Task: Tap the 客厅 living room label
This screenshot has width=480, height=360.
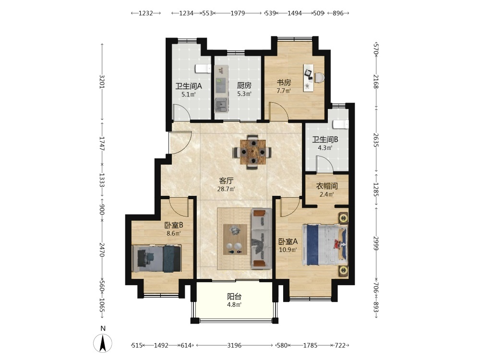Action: (226, 180)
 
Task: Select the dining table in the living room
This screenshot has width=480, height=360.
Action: (252, 152)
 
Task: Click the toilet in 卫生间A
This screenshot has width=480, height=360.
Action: (203, 69)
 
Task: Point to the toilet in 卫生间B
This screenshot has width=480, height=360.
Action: (340, 124)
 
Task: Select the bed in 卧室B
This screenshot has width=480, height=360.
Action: (156, 258)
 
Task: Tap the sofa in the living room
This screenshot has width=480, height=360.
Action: (262, 239)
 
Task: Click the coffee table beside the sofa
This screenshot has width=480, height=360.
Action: (235, 240)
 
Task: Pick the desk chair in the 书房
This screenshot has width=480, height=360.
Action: (319, 77)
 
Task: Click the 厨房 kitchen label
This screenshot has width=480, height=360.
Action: (244, 85)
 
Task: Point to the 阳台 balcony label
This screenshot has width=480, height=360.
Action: (234, 296)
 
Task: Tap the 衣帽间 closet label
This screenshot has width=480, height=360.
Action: (327, 186)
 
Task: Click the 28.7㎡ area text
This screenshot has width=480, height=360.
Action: (226, 189)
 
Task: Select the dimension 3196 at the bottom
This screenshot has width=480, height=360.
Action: (234, 345)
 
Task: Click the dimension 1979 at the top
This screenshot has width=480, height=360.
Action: (238, 13)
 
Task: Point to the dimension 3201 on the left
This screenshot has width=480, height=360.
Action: (102, 82)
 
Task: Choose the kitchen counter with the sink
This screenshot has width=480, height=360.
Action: (221, 89)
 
